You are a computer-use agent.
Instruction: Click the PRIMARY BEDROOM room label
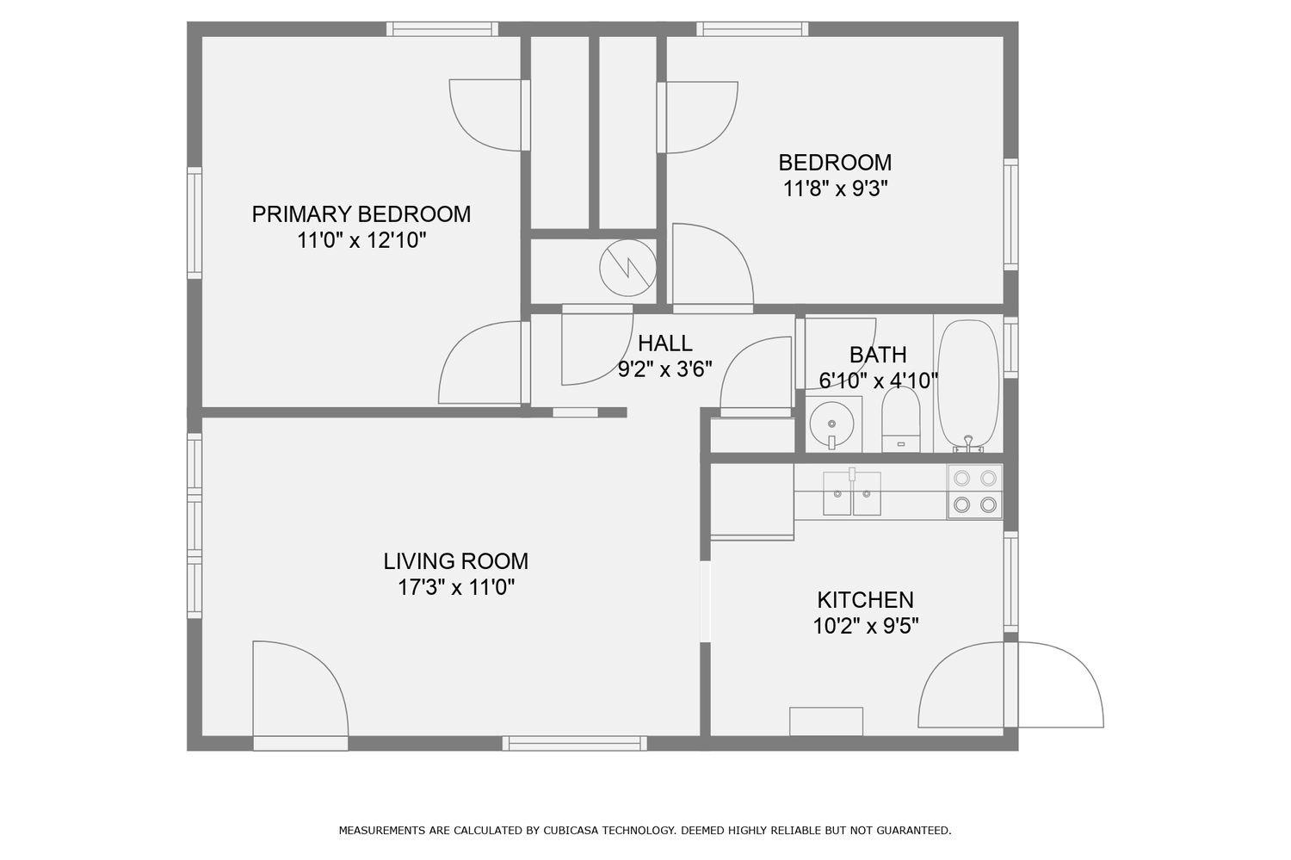click(x=361, y=213)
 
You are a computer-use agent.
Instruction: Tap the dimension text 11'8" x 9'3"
click(x=835, y=189)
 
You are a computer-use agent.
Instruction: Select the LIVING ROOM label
click(x=455, y=561)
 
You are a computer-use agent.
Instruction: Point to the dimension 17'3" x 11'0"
click(x=455, y=588)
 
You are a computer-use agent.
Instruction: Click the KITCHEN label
click(x=865, y=599)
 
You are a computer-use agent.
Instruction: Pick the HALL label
click(x=664, y=343)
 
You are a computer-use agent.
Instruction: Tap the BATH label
click(x=877, y=355)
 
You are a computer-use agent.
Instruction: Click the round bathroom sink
click(x=831, y=424)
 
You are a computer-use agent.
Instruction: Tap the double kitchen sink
click(x=851, y=493)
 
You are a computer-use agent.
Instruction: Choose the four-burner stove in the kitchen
click(x=975, y=492)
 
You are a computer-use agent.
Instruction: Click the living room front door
click(x=300, y=689)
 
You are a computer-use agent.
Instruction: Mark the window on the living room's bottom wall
click(x=574, y=743)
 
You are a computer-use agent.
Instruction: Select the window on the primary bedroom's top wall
click(x=442, y=28)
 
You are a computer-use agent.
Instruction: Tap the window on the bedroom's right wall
click(x=1011, y=213)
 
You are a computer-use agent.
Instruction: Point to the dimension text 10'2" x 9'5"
click(x=865, y=626)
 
